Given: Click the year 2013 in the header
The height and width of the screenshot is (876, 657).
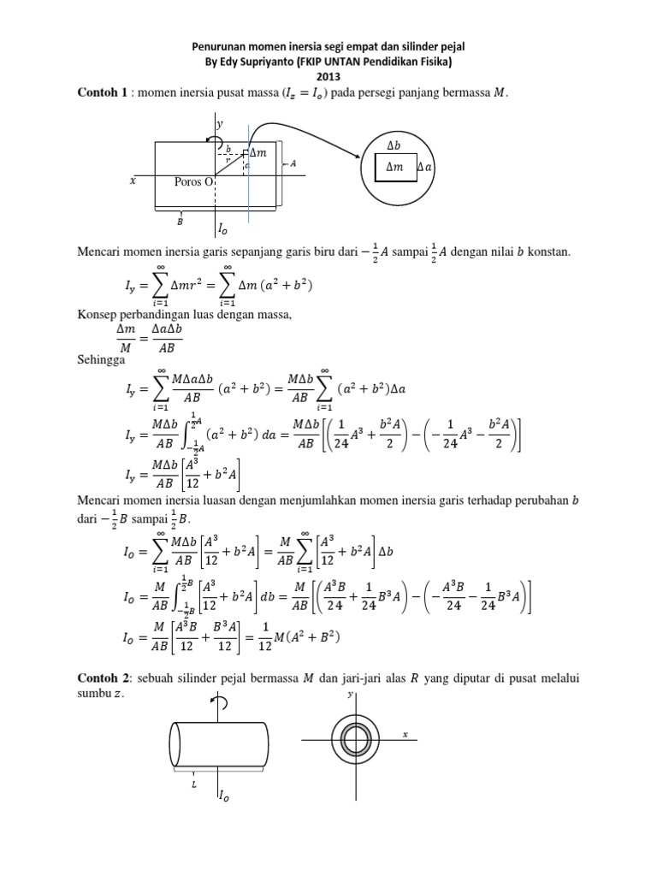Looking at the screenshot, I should (328, 77).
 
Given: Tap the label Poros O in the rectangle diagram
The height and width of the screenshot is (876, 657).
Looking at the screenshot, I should (193, 181).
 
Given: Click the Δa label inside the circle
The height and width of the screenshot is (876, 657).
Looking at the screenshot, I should (425, 168).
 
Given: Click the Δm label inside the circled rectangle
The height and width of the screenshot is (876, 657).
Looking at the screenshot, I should (394, 168).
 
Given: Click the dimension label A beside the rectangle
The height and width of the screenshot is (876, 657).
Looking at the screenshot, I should (293, 164).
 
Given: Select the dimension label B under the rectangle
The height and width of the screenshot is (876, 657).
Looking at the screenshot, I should (181, 221).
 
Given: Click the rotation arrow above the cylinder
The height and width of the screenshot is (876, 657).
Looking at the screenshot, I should (221, 704).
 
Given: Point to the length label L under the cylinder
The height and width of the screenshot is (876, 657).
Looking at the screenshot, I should (196, 782).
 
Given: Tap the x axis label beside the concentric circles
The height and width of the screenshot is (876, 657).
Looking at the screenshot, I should (405, 734).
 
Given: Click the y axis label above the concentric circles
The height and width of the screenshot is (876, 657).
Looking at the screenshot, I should (351, 695).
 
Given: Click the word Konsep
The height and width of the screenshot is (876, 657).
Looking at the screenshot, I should (98, 317).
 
